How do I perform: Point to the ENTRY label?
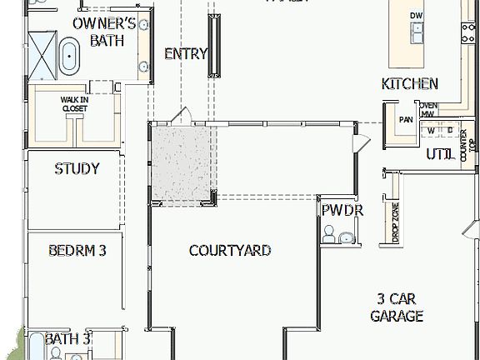pos(185,54)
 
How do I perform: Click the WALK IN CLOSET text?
pos(74,103)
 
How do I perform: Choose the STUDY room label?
pos(77,168)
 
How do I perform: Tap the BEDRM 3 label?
pos(77,249)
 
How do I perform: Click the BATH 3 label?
pos(67,339)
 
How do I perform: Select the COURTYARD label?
pos(230,250)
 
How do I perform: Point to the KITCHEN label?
pos(409,83)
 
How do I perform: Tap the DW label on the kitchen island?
pos(416,16)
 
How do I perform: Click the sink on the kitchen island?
pos(416,32)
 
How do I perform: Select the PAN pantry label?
pos(406,119)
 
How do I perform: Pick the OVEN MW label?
pos(427,110)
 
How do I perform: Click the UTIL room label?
pos(438,154)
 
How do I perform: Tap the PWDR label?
pos(342,210)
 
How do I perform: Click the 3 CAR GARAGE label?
pos(397,307)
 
